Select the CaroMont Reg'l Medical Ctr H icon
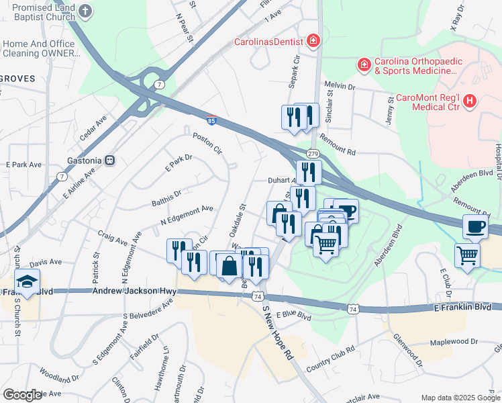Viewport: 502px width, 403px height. click(x=469, y=101)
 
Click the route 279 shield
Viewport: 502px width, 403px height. click(x=313, y=153)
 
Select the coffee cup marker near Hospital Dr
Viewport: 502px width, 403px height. click(x=476, y=226)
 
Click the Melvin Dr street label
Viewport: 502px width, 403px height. click(x=339, y=86)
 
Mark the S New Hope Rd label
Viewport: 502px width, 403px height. click(x=278, y=333)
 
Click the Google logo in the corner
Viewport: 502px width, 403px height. click(x=22, y=395)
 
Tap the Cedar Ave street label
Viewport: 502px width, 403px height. click(x=93, y=128)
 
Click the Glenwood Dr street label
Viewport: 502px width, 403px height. click(x=407, y=350)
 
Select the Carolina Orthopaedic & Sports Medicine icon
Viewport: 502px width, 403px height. click(x=363, y=64)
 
